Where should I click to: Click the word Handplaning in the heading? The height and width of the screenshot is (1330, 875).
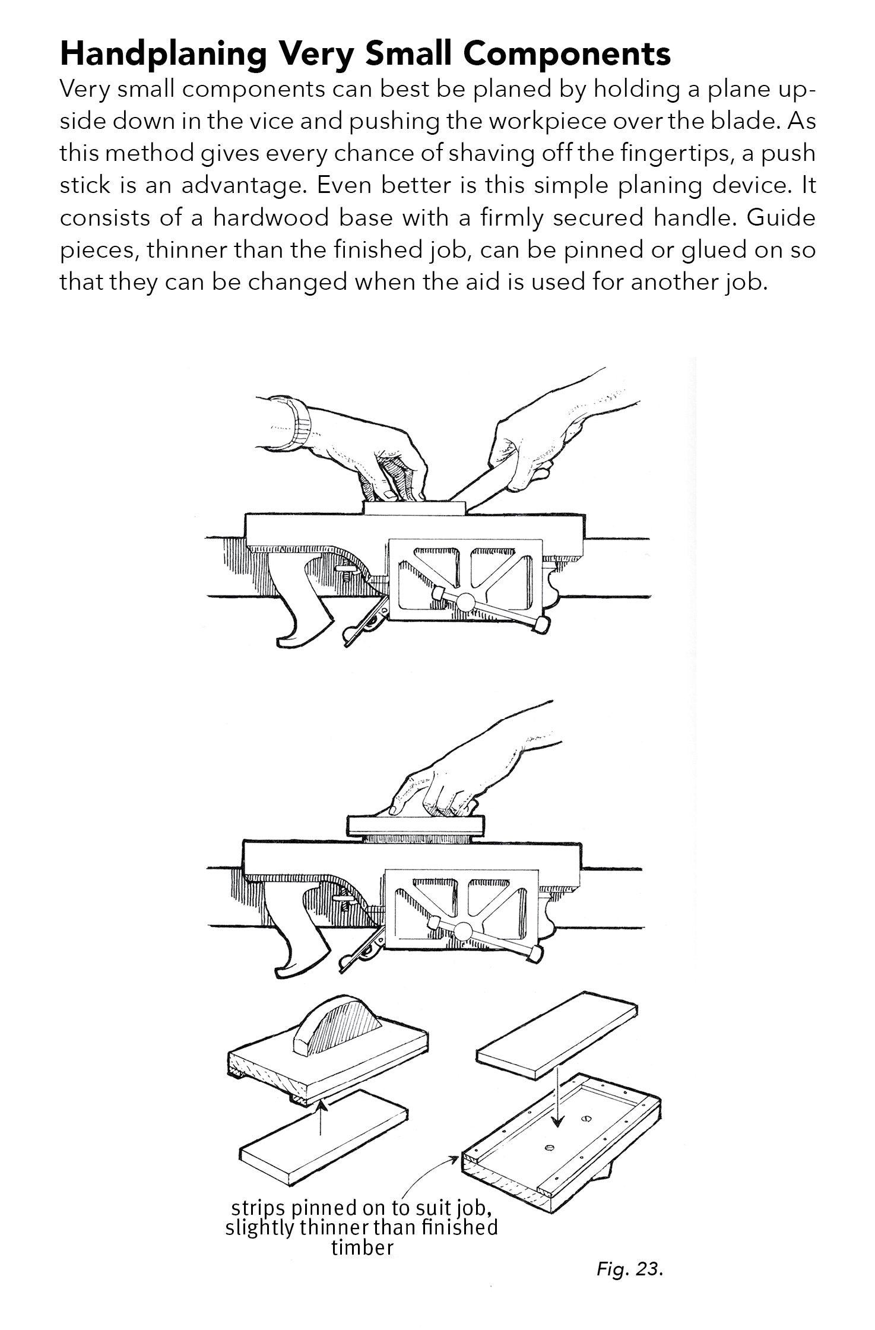(x=163, y=55)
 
